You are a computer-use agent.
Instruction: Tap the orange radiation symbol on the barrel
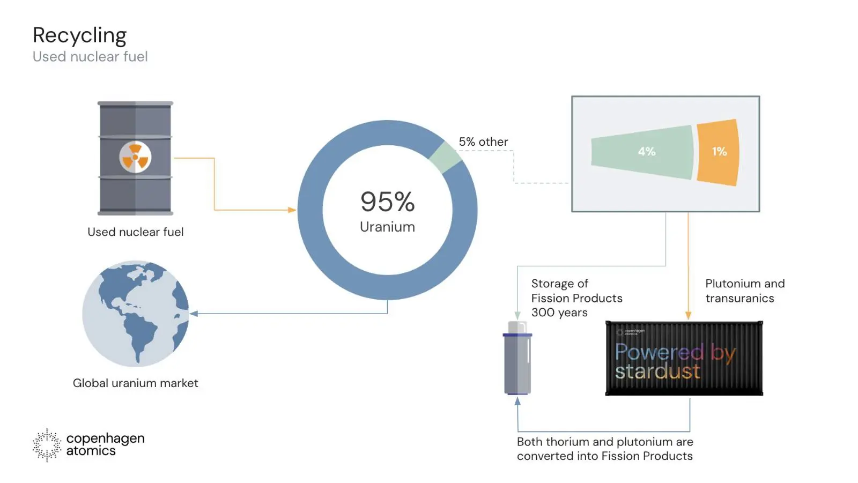pos(135,157)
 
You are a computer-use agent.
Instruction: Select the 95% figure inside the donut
pos(387,202)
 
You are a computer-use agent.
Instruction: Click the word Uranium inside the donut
pos(387,227)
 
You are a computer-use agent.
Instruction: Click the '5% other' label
pos(483,142)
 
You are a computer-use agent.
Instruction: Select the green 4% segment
pos(642,152)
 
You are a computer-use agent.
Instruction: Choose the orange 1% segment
pos(718,152)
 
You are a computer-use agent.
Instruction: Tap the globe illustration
pos(135,314)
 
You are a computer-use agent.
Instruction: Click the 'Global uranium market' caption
pos(135,383)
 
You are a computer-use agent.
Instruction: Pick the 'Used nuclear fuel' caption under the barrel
pos(135,232)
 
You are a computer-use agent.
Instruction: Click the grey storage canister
pos(517,358)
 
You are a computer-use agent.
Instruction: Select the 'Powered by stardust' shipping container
pos(684,359)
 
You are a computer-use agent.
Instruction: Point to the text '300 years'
pos(559,313)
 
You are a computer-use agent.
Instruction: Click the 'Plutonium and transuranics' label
pos(745,291)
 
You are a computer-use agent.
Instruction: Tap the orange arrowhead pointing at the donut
pos(292,210)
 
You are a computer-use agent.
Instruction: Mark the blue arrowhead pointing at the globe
pos(194,314)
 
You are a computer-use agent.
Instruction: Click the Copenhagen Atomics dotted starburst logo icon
pos(47,445)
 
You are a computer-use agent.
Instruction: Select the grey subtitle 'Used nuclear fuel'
pos(90,57)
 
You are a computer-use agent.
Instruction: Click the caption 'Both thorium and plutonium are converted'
pos(605,449)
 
